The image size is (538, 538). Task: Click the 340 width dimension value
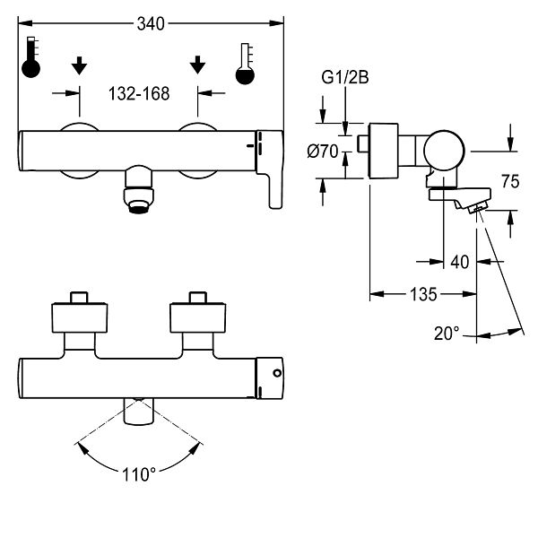pyautogui.click(x=151, y=24)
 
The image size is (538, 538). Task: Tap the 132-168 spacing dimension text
pyautogui.click(x=139, y=93)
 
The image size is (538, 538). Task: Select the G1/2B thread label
pyautogui.click(x=345, y=77)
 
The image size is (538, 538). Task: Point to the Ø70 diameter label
pyautogui.click(x=323, y=152)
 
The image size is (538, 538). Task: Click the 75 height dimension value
pyautogui.click(x=510, y=181)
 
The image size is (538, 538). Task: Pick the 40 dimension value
pyautogui.click(x=460, y=262)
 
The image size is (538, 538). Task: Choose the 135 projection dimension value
pyautogui.click(x=424, y=294)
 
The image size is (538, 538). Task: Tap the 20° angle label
pyautogui.click(x=447, y=334)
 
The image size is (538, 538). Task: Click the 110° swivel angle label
pyautogui.click(x=139, y=475)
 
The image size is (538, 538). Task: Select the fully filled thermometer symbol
pyautogui.click(x=30, y=57)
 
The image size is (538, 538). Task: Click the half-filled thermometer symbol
pyautogui.click(x=245, y=64)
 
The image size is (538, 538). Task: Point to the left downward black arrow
pyautogui.click(x=79, y=65)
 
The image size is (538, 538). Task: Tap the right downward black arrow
pyautogui.click(x=197, y=65)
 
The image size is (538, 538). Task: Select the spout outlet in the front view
pyautogui.click(x=139, y=189)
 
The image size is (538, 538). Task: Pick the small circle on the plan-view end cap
pyautogui.click(x=277, y=373)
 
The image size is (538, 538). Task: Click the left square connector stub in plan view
pyautogui.click(x=79, y=298)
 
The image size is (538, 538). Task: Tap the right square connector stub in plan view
pyautogui.click(x=198, y=298)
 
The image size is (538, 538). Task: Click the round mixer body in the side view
pyautogui.click(x=444, y=151)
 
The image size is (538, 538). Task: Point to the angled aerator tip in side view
pyautogui.click(x=477, y=208)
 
